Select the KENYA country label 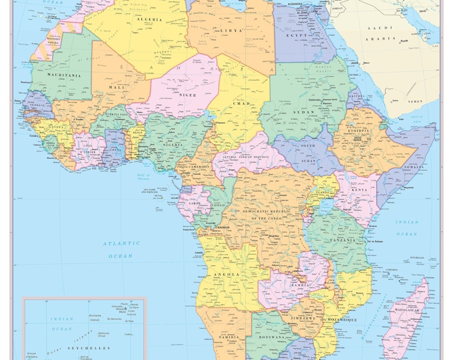[358, 189]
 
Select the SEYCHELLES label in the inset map [67, 349]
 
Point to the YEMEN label [415, 101]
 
